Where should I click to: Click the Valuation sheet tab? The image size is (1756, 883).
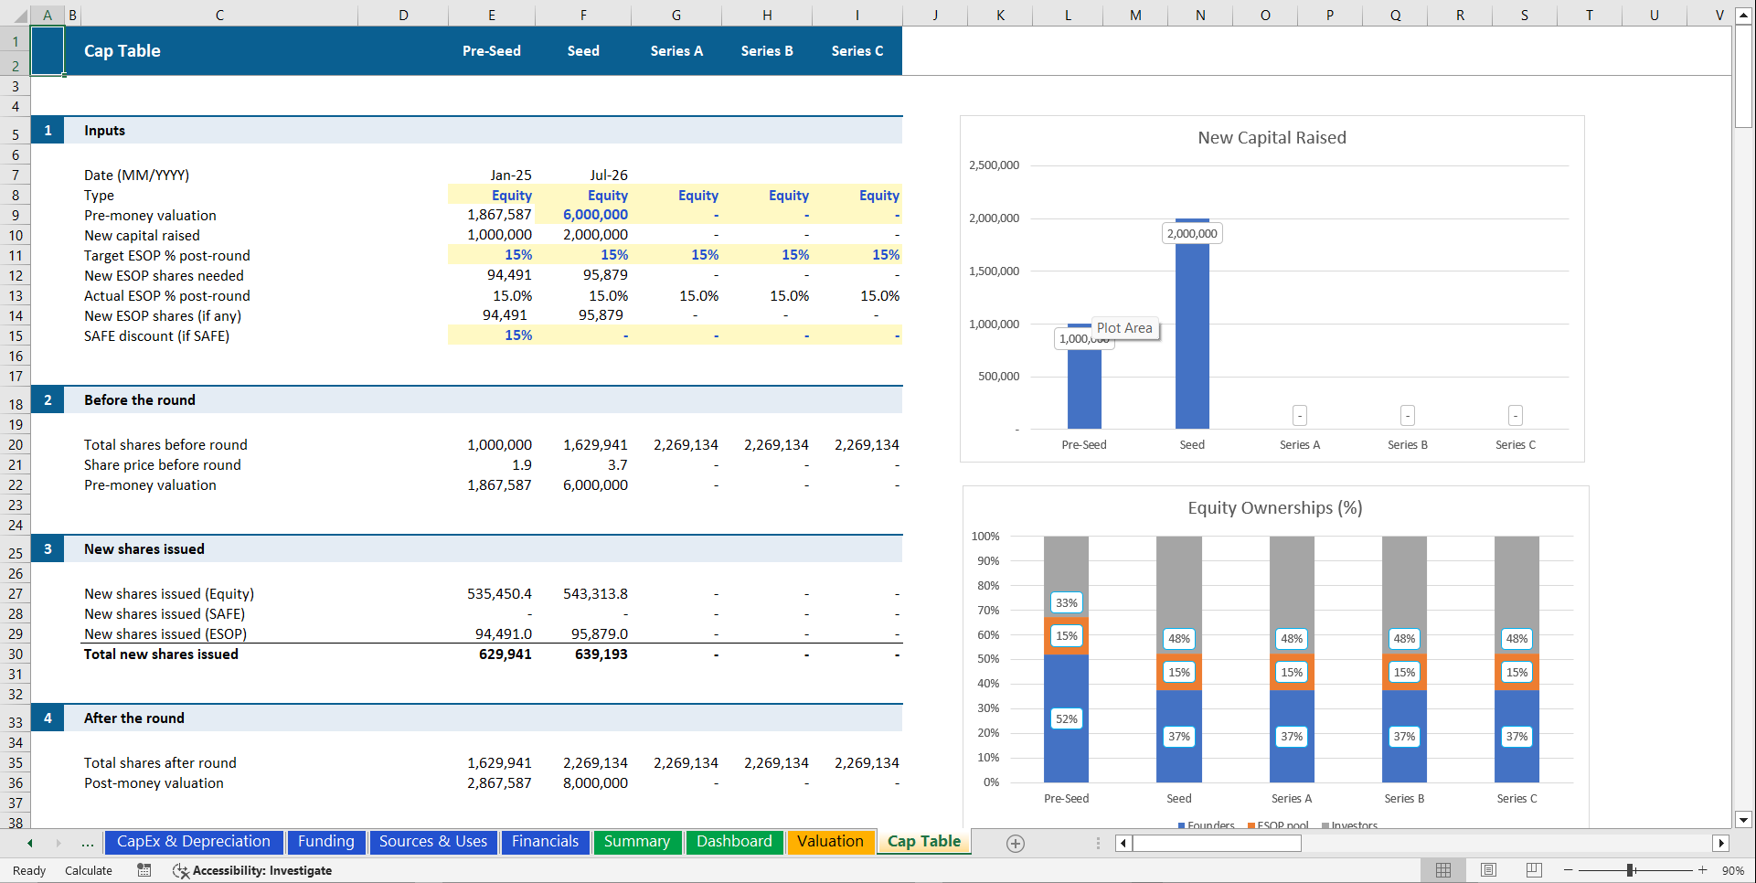pyautogui.click(x=829, y=842)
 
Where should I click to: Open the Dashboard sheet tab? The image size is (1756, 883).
pyautogui.click(x=734, y=842)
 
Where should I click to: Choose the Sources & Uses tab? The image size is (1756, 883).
pyautogui.click(x=433, y=842)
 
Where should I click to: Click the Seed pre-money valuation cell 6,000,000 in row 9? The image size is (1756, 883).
pyautogui.click(x=595, y=215)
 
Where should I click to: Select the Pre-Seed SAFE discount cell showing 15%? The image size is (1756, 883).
pyautogui.click(x=518, y=335)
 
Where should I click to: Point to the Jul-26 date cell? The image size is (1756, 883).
pyautogui.click(x=608, y=175)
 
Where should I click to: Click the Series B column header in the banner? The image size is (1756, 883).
pyautogui.click(x=767, y=51)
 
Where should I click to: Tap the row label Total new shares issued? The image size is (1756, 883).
pyautogui.click(x=161, y=654)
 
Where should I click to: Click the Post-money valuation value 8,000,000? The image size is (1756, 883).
pyautogui.click(x=595, y=783)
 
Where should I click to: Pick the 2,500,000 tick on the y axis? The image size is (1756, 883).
pyautogui.click(x=994, y=165)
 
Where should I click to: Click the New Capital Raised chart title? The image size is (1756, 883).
pyautogui.click(x=1272, y=138)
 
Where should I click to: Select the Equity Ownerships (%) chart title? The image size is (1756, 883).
pyautogui.click(x=1274, y=508)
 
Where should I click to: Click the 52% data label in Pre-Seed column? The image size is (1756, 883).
pyautogui.click(x=1067, y=719)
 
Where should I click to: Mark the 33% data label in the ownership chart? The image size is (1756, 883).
pyautogui.click(x=1067, y=603)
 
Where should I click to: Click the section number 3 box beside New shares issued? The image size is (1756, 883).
pyautogui.click(x=48, y=549)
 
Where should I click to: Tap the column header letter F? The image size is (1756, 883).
pyautogui.click(x=583, y=15)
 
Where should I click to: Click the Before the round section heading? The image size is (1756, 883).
pyautogui.click(x=140, y=400)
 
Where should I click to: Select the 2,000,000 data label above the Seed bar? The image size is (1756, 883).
pyautogui.click(x=1192, y=234)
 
